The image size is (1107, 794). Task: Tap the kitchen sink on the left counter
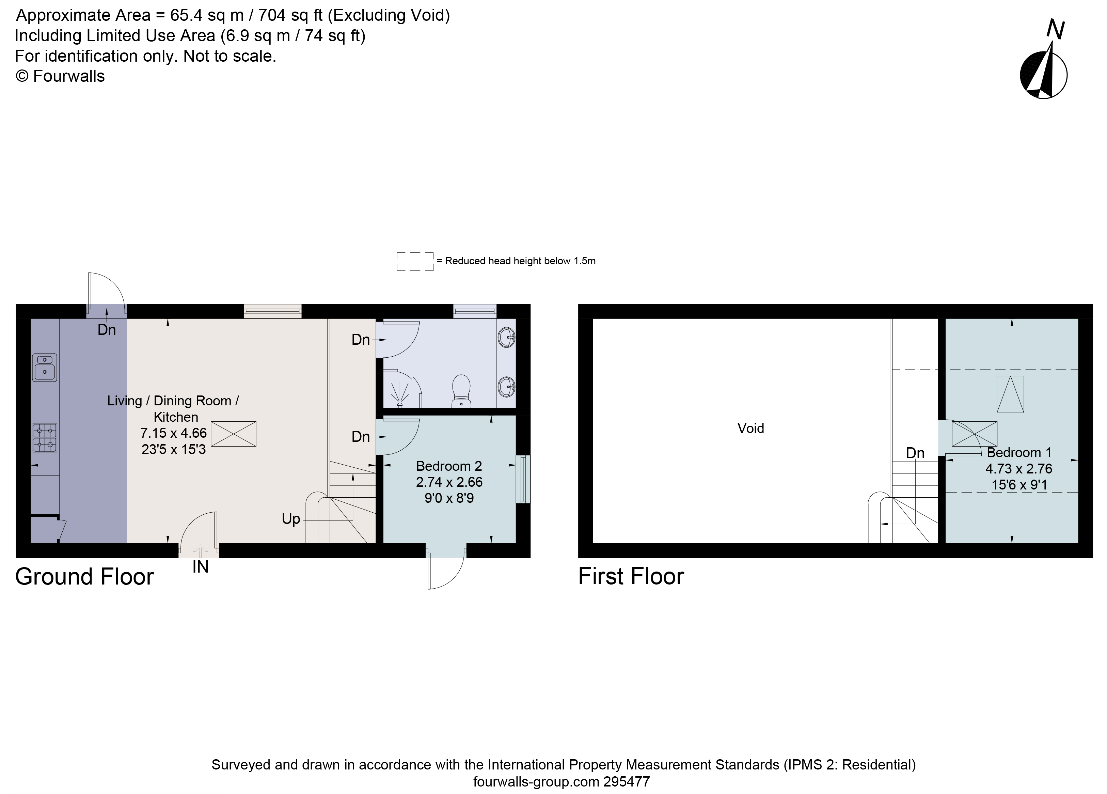(44, 367)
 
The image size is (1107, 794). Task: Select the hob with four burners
(44, 437)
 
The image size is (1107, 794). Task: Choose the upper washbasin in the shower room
(507, 337)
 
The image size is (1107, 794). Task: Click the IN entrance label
(200, 567)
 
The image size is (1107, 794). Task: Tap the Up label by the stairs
(291, 518)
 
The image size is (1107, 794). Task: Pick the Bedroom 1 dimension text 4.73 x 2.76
(1019, 469)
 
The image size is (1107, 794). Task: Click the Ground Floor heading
(84, 577)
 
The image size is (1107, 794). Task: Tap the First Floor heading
(631, 577)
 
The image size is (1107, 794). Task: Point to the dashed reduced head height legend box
(415, 261)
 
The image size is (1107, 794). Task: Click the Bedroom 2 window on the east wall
(524, 479)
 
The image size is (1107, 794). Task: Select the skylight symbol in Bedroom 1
(1010, 394)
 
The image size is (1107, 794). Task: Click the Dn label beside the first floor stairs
(915, 453)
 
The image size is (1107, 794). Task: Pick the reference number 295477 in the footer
(627, 782)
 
